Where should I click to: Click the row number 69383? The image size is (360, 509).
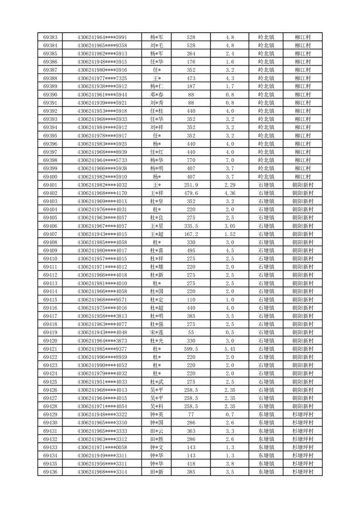pyautogui.click(x=50, y=37)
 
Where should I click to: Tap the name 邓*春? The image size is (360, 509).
pyautogui.click(x=157, y=94)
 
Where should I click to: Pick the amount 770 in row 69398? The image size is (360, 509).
pyautogui.click(x=191, y=160)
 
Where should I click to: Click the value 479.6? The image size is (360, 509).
pyautogui.click(x=191, y=193)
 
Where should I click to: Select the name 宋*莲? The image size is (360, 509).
pyautogui.click(x=157, y=332)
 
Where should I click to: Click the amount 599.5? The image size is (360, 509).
pyautogui.click(x=191, y=348)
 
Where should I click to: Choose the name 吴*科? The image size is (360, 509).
pyautogui.click(x=157, y=406)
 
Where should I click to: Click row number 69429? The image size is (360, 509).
pyautogui.click(x=50, y=414)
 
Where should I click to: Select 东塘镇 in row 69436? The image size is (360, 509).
pyautogui.click(x=266, y=472)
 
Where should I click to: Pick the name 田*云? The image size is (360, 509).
pyautogui.click(x=157, y=431)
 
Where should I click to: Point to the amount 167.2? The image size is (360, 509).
pyautogui.click(x=191, y=234)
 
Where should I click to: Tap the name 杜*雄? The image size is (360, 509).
pyautogui.click(x=157, y=267)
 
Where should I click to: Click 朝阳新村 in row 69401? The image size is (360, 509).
pyautogui.click(x=302, y=185)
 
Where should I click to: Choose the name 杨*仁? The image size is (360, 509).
pyautogui.click(x=157, y=86)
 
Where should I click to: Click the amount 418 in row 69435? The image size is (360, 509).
pyautogui.click(x=191, y=464)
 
